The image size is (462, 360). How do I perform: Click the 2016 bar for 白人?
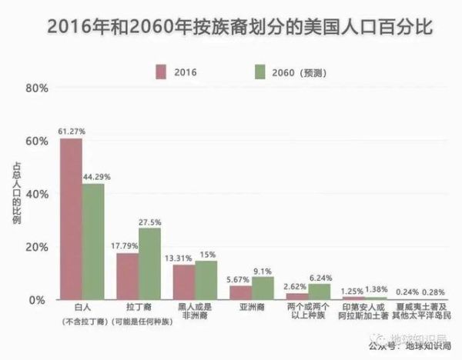(71, 219)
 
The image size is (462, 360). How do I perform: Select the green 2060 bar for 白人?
(93, 242)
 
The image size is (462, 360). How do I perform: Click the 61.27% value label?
(71, 132)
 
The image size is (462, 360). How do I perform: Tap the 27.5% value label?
(149, 222)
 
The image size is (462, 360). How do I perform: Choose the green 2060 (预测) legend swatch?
(259, 72)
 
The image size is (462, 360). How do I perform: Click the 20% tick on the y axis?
(37, 247)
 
